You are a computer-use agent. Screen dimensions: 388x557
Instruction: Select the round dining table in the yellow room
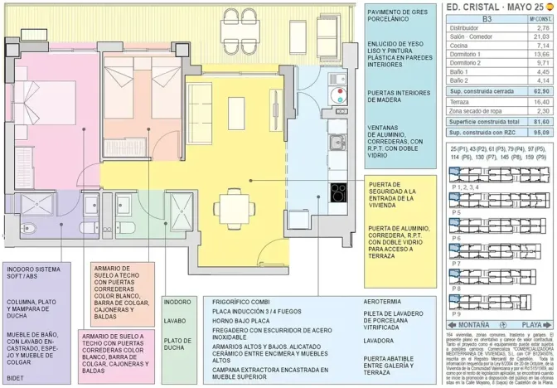coord(229,202)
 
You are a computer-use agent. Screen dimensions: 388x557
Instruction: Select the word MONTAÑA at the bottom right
coord(472,325)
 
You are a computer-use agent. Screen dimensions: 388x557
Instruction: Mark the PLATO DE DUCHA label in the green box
coord(178,342)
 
